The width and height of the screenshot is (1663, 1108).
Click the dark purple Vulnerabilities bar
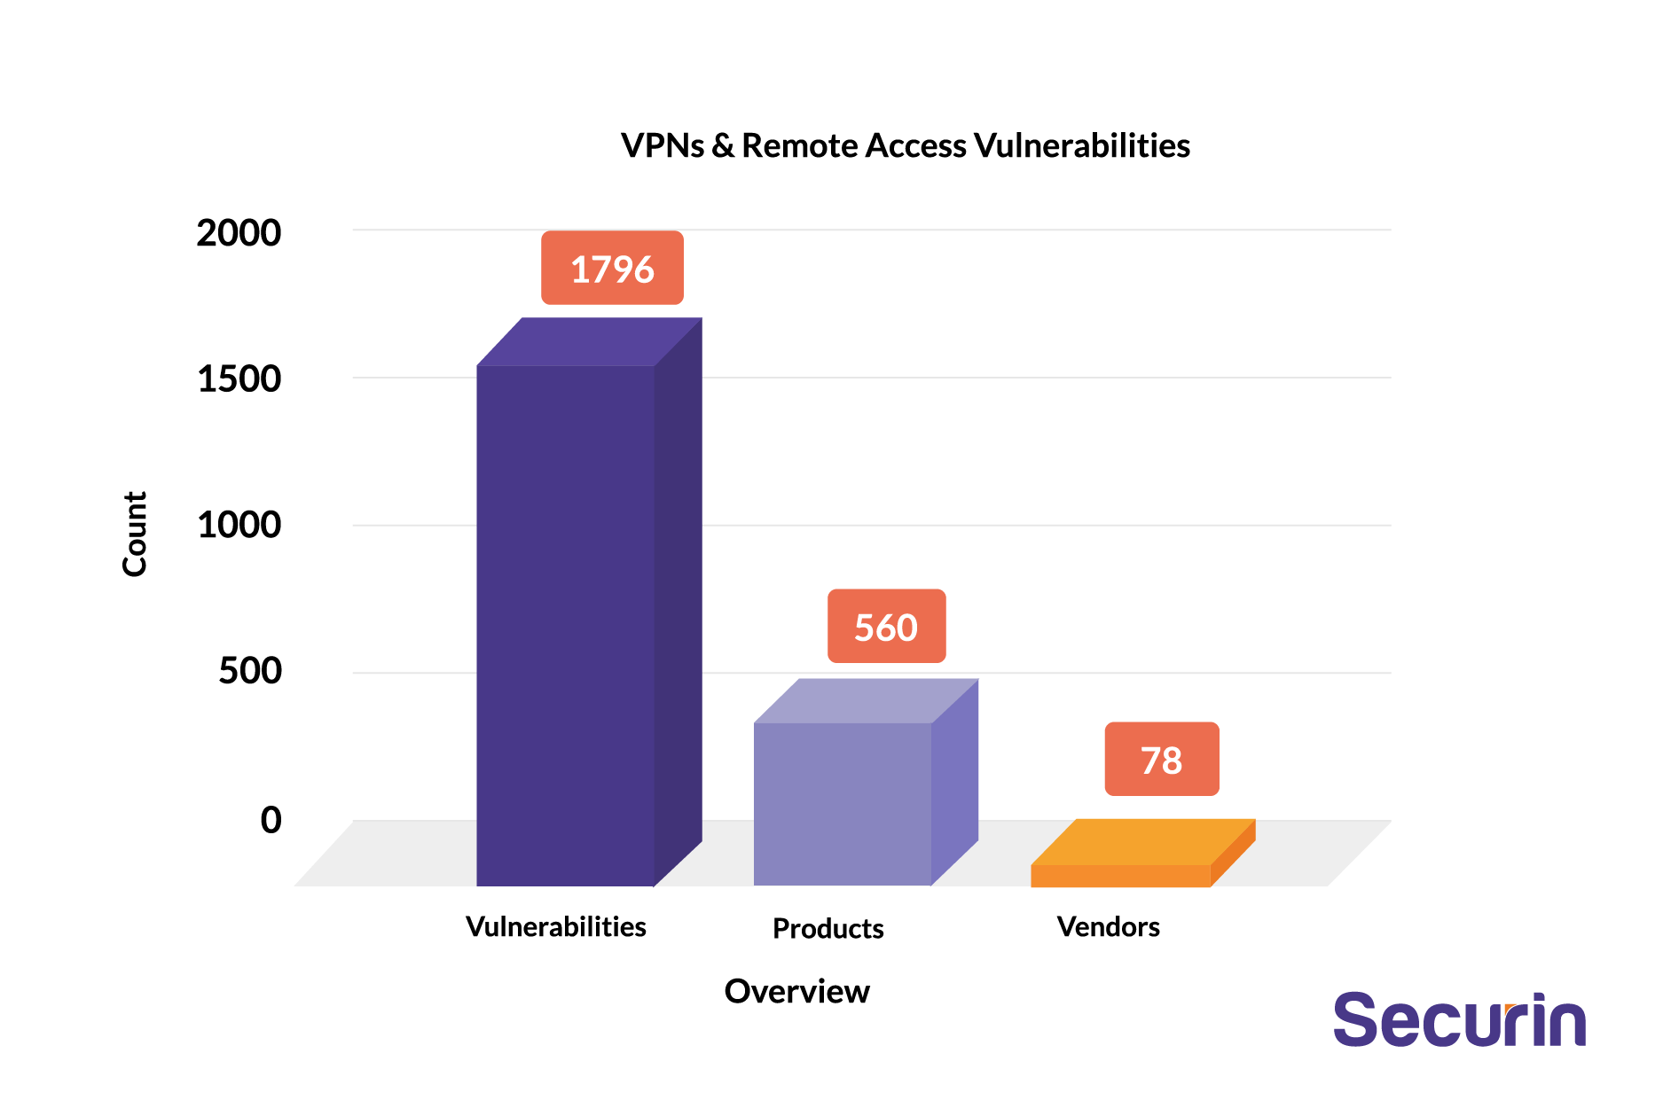click(x=566, y=620)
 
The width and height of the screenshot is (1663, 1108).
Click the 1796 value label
click(x=612, y=269)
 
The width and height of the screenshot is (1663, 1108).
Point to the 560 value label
click(x=886, y=627)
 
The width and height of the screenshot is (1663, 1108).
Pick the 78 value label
click(x=1161, y=760)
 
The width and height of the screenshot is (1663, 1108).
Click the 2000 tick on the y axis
click(x=239, y=233)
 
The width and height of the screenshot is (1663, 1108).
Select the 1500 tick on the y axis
click(x=239, y=379)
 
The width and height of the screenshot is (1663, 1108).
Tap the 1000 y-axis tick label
click(x=239, y=525)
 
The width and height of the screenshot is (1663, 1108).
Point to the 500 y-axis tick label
click(x=250, y=670)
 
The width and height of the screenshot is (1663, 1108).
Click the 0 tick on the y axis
click(x=271, y=820)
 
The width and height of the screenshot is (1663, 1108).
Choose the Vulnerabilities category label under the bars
click(x=556, y=927)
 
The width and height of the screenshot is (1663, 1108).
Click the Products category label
click(x=828, y=929)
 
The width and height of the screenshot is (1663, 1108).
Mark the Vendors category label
click(x=1108, y=927)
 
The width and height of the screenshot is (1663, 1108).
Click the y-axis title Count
click(x=135, y=534)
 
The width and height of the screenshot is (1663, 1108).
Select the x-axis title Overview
click(x=796, y=991)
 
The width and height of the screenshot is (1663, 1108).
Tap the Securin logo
click(x=1459, y=1021)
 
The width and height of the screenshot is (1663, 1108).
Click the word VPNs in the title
click(x=663, y=146)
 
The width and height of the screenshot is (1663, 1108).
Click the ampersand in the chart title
click(x=723, y=146)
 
